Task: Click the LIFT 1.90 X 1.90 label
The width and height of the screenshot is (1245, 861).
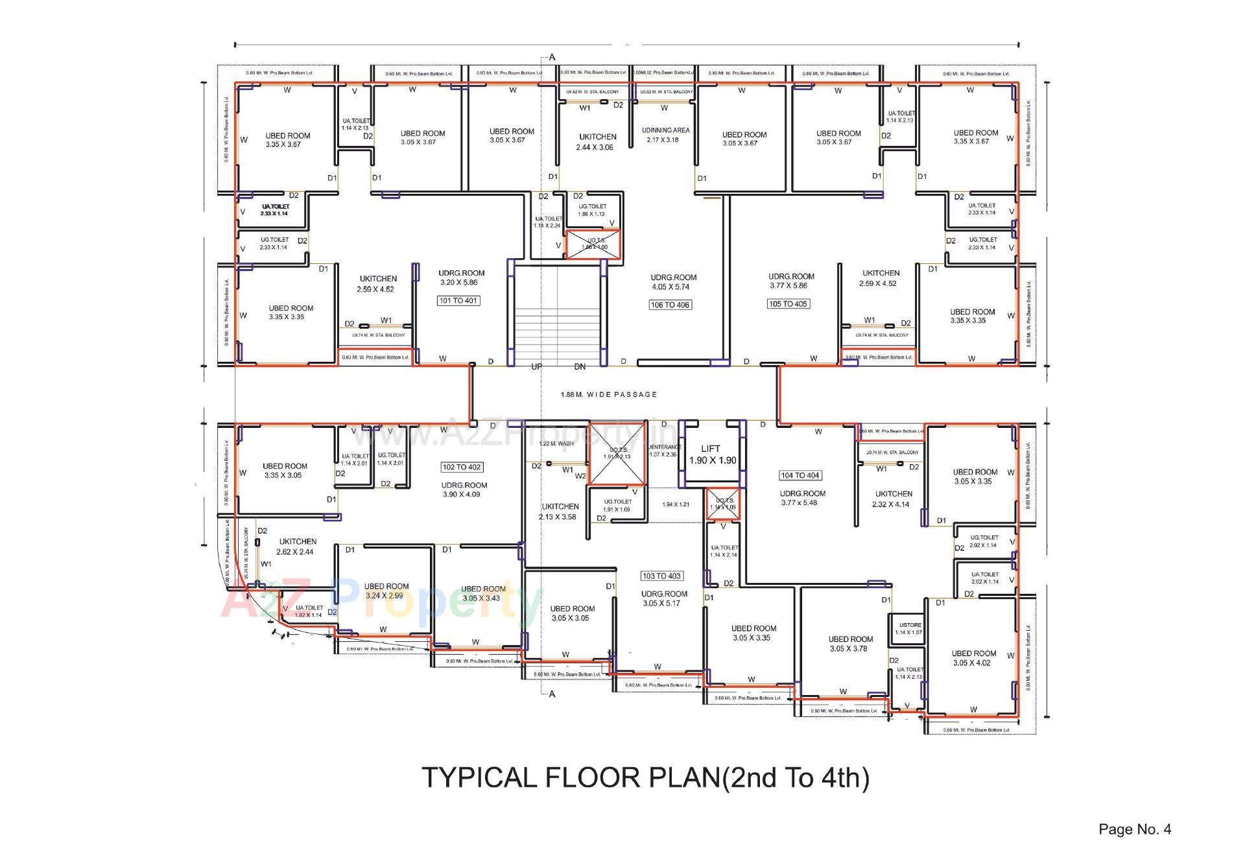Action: click(711, 454)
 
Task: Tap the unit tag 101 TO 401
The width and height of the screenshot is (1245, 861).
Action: click(458, 301)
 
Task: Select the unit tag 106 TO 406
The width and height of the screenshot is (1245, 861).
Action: click(670, 305)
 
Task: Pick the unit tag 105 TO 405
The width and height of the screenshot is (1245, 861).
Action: click(788, 304)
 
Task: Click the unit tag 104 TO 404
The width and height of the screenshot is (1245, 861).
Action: click(801, 475)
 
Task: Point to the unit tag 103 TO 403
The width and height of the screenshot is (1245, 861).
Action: click(661, 576)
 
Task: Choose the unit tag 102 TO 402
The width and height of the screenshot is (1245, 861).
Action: click(462, 467)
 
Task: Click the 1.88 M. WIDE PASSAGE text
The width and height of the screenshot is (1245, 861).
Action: click(608, 394)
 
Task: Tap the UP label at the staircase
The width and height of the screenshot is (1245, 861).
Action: click(537, 367)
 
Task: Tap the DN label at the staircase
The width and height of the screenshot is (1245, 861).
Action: click(580, 367)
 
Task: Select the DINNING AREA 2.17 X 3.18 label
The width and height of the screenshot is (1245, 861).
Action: click(665, 135)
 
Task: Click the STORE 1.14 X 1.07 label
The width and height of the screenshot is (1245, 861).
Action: click(909, 629)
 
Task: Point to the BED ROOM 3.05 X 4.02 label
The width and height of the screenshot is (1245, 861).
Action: click(973, 658)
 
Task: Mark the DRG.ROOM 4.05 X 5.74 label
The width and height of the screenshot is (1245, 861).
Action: click(673, 282)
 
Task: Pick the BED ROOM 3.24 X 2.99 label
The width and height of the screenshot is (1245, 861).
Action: click(386, 591)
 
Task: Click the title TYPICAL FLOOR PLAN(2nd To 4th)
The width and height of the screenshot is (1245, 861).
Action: click(646, 777)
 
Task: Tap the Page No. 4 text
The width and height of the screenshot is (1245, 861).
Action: click(1134, 829)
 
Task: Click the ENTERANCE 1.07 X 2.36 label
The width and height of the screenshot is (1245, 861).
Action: click(665, 451)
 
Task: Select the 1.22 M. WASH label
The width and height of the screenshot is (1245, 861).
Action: click(556, 444)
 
